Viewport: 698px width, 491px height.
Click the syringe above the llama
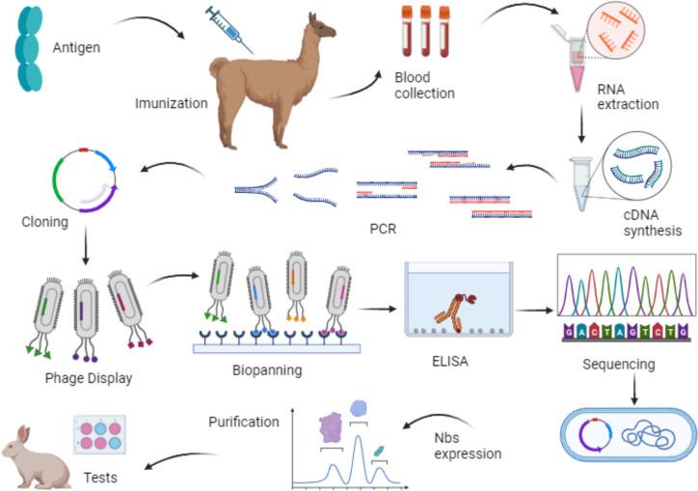(x=228, y=29)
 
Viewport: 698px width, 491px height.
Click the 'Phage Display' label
(x=88, y=377)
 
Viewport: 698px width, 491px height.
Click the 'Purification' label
(x=244, y=421)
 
